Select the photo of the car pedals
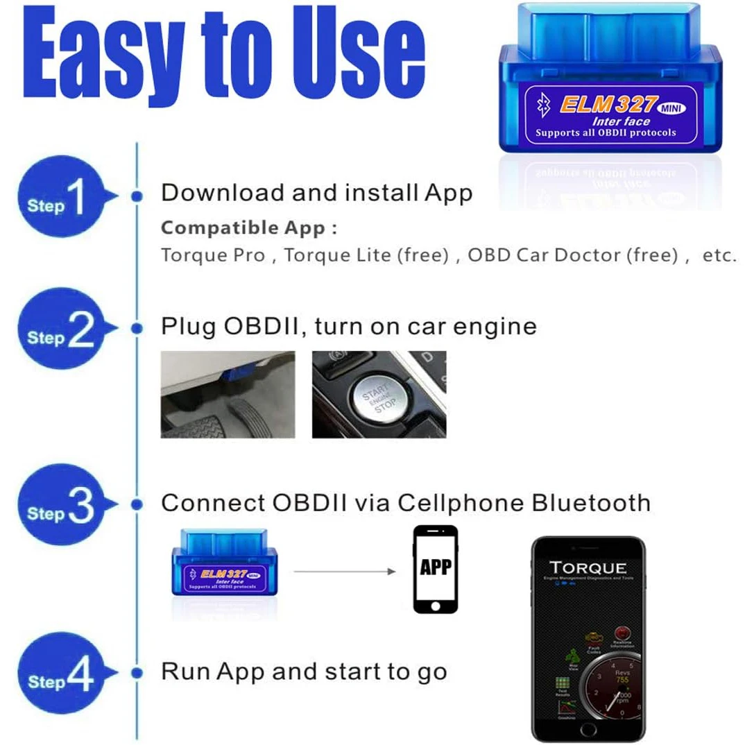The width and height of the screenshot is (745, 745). click(228, 394)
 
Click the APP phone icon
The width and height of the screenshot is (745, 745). click(435, 569)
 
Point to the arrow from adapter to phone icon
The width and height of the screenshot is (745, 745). click(344, 572)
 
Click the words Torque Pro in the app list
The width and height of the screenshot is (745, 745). click(213, 255)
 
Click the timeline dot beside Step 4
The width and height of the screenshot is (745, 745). click(137, 672)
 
